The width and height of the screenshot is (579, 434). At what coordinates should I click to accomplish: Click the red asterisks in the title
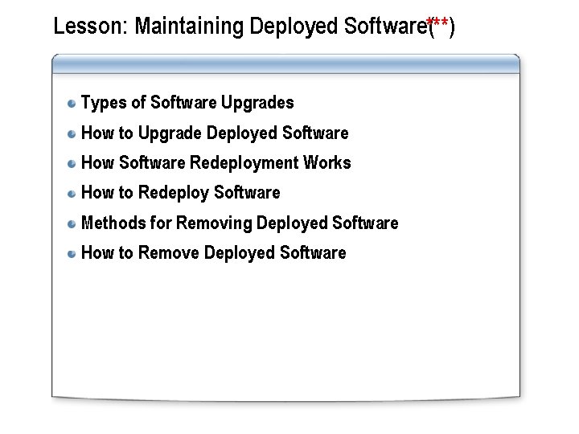[438, 23]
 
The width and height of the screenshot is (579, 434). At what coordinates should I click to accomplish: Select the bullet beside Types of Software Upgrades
[72, 103]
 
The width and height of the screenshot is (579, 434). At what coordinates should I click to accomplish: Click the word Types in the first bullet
[101, 103]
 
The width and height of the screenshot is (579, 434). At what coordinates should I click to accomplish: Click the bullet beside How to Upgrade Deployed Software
[72, 133]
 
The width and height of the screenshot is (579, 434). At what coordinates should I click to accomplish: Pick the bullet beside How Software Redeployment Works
[72, 163]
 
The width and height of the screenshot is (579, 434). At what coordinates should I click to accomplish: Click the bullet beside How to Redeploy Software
[72, 193]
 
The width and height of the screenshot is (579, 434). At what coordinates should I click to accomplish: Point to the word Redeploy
[174, 193]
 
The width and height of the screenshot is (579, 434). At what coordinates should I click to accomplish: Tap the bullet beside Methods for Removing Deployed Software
[72, 223]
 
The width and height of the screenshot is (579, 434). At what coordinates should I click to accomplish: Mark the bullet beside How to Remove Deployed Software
[72, 253]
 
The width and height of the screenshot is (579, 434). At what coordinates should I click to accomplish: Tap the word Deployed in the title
[294, 27]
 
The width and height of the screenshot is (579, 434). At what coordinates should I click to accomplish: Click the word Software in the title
[384, 27]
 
